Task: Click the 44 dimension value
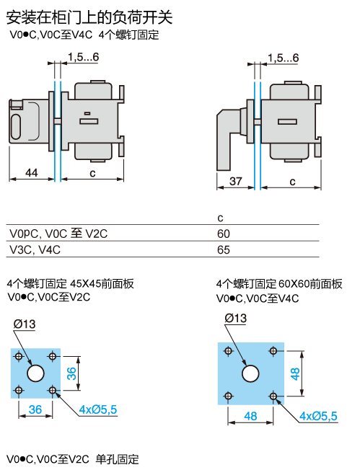32,173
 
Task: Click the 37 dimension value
235,181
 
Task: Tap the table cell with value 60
224,234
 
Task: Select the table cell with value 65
224,249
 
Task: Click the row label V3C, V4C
35,249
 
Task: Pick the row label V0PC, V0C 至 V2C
58,234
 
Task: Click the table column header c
221,218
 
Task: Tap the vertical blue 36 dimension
71,373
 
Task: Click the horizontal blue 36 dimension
35,409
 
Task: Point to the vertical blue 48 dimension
295,374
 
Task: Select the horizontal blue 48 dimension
250,416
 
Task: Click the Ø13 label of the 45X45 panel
25,324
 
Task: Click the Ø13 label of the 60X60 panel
235,318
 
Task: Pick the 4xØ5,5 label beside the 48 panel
318,416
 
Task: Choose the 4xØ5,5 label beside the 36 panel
98,409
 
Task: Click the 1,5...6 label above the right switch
284,58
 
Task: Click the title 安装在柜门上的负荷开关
89,17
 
